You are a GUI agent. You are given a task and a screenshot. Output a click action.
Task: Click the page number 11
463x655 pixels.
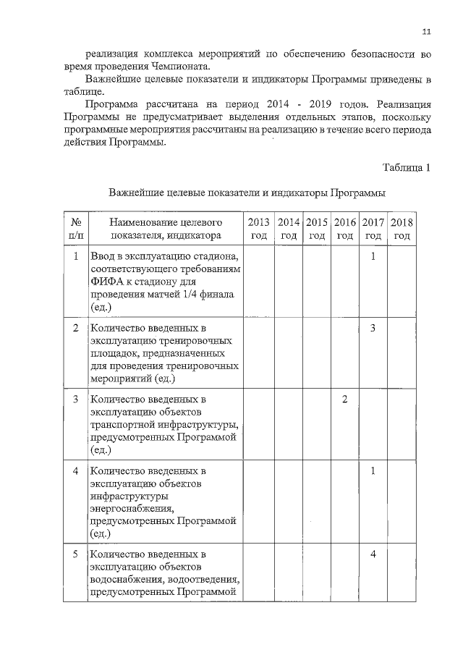click(x=426, y=31)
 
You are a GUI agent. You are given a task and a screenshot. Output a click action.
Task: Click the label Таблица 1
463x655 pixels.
click(x=407, y=168)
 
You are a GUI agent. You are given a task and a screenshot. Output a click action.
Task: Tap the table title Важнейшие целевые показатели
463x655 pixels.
click(x=247, y=193)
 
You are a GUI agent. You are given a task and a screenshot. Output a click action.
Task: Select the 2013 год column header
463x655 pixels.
click(x=259, y=228)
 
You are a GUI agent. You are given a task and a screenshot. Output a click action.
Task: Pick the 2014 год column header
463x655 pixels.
click(x=289, y=228)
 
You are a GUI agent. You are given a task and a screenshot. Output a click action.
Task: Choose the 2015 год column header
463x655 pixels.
click(x=317, y=228)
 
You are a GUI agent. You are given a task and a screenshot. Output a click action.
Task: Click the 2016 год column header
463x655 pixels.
click(x=345, y=228)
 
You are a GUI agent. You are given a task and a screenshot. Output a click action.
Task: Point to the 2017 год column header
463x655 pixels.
click(x=373, y=228)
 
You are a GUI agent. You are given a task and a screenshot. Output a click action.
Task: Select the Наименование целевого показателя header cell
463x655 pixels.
click(x=166, y=228)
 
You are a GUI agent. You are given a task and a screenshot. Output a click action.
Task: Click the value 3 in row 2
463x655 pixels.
click(x=373, y=328)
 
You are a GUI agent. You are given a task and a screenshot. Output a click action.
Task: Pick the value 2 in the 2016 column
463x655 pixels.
click(x=345, y=400)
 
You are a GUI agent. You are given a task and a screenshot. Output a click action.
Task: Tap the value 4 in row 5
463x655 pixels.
click(x=373, y=554)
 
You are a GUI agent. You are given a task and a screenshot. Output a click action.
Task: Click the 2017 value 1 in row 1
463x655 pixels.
click(x=373, y=256)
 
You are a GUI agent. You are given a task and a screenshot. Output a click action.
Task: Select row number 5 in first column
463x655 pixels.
click(x=76, y=554)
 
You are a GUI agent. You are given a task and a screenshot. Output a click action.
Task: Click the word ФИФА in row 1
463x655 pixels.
click(x=106, y=282)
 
